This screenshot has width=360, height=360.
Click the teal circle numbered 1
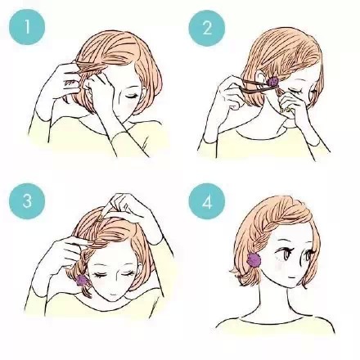click(27, 27)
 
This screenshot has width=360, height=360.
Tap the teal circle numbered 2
click(207, 28)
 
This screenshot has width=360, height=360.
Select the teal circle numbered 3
click(27, 201)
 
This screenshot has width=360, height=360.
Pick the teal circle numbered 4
click(207, 201)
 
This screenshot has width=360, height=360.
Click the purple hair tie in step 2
click(272, 82)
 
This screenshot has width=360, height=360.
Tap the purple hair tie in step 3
click(81, 280)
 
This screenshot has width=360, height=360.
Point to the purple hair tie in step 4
click(254, 259)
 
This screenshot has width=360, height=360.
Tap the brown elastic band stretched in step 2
click(256, 85)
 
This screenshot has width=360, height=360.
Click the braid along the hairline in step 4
click(268, 227)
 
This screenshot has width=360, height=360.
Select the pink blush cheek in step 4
click(281, 266)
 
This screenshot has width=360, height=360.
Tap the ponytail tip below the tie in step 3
click(87, 292)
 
